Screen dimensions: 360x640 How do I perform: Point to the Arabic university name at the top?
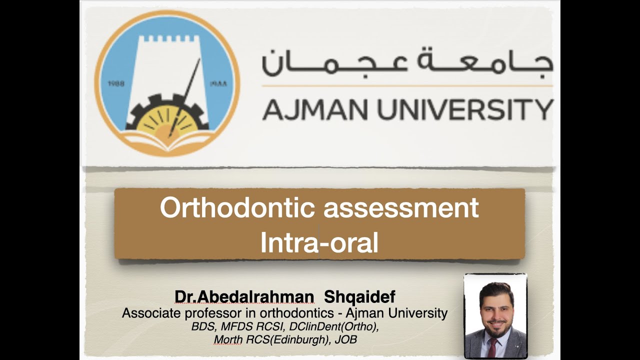click(x=407, y=62)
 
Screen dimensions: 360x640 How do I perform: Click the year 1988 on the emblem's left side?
click(x=116, y=83)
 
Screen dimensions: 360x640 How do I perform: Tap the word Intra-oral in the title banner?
click(x=319, y=243)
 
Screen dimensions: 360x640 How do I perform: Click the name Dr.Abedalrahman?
click(x=244, y=297)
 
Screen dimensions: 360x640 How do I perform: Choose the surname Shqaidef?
click(x=359, y=297)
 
